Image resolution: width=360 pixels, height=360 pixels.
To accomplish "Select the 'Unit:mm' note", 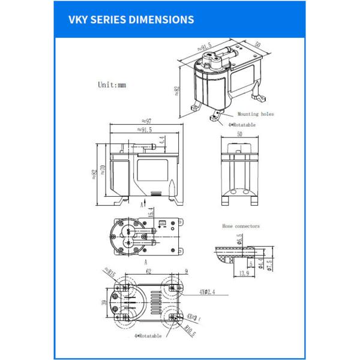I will click(x=112, y=85).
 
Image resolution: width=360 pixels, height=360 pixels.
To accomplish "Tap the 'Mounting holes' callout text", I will click(x=256, y=113).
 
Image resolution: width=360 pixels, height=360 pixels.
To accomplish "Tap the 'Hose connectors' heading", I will click(x=241, y=226).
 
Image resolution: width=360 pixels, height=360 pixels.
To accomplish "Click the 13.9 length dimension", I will click(x=244, y=274).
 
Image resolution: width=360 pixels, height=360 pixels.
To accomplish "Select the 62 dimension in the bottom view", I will click(x=148, y=271).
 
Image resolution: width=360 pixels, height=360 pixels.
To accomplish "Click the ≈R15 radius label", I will click(x=109, y=272).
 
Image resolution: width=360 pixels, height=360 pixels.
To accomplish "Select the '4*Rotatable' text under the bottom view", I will click(x=148, y=336).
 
